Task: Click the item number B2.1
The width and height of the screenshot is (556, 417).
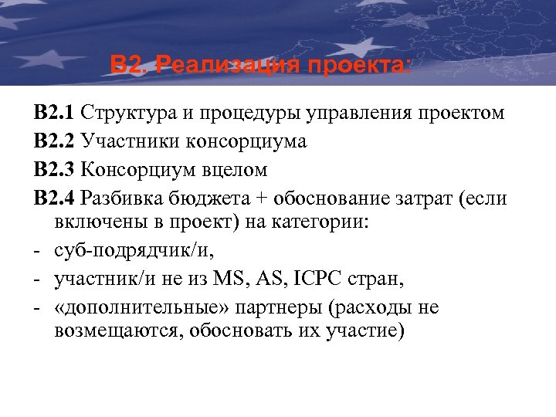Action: [54, 114]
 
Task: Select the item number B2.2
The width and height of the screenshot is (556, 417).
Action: [54, 141]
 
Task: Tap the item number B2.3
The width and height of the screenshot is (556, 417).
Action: [54, 169]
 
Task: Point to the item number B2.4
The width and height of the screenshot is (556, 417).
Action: [54, 198]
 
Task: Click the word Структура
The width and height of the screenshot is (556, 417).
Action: [129, 114]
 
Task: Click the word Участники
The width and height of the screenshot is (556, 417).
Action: [127, 142]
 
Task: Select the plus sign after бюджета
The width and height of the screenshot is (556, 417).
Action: [264, 198]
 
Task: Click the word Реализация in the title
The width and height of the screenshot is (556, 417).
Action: [225, 64]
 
